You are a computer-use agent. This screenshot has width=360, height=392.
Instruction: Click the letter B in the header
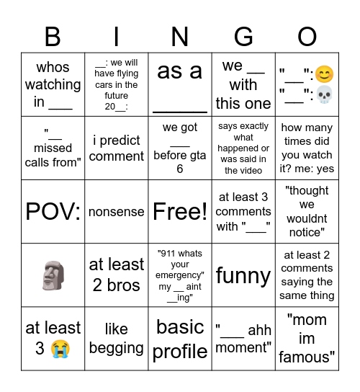53,36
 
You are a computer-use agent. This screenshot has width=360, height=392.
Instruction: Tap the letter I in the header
117,36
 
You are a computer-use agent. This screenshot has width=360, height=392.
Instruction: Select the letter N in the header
180,36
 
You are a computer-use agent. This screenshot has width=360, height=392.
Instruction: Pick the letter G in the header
243,36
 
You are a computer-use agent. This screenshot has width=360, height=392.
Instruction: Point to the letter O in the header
307,36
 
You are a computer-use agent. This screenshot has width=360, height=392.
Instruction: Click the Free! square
180,212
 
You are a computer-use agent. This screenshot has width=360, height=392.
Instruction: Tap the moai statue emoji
53,275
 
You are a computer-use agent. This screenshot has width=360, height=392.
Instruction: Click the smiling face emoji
325,73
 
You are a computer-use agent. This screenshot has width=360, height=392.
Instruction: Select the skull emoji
325,95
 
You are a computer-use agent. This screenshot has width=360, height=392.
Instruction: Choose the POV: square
53,212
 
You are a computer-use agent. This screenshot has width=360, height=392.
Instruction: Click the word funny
243,275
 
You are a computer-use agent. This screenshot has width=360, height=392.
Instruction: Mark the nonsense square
117,212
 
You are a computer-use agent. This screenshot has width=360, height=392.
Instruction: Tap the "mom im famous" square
307,338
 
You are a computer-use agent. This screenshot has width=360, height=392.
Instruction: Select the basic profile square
180,339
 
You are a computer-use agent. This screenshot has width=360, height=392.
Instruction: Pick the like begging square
117,339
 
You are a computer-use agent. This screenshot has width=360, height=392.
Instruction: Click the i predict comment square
117,148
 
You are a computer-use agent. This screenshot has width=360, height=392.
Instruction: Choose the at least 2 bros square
117,275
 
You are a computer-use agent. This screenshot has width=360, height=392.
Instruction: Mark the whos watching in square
53,85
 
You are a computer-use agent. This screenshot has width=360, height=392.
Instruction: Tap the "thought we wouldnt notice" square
307,212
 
